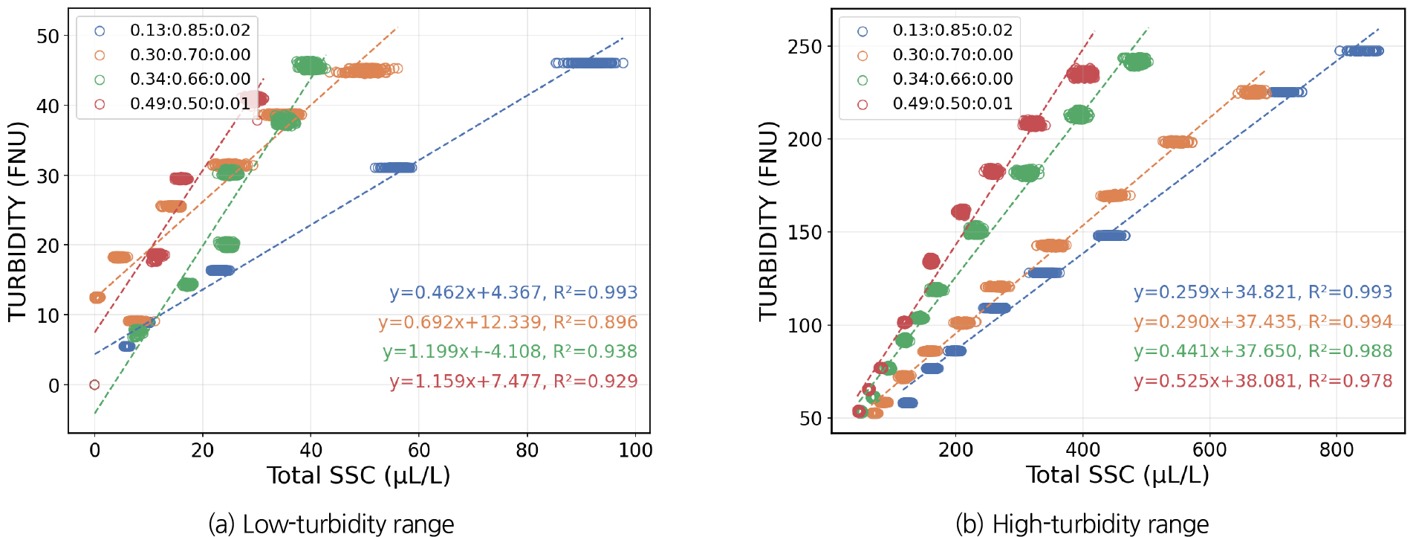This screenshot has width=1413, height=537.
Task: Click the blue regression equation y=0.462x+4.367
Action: (x=513, y=293)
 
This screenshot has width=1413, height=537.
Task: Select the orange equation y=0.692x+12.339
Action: (x=507, y=323)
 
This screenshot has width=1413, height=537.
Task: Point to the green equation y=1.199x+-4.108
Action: (x=510, y=352)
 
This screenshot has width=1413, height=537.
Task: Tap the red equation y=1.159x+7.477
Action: (x=513, y=382)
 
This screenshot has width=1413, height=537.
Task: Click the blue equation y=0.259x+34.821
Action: (x=1262, y=292)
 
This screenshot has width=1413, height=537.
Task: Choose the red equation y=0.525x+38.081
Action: (x=1262, y=382)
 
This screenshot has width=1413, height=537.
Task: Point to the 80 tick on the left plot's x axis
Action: (x=527, y=451)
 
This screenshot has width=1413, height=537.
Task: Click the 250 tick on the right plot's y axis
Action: (x=805, y=47)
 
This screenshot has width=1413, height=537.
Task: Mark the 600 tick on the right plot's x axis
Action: (x=1209, y=451)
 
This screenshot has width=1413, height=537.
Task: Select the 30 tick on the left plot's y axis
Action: (x=48, y=176)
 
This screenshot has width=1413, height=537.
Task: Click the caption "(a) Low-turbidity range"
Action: (x=331, y=524)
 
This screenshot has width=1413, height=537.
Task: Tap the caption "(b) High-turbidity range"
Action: (x=1082, y=524)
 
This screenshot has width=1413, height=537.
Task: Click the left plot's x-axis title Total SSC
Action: (x=359, y=476)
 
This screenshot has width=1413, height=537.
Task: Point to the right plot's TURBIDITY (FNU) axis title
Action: (x=767, y=221)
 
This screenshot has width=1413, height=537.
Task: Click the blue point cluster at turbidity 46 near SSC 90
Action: (x=590, y=63)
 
